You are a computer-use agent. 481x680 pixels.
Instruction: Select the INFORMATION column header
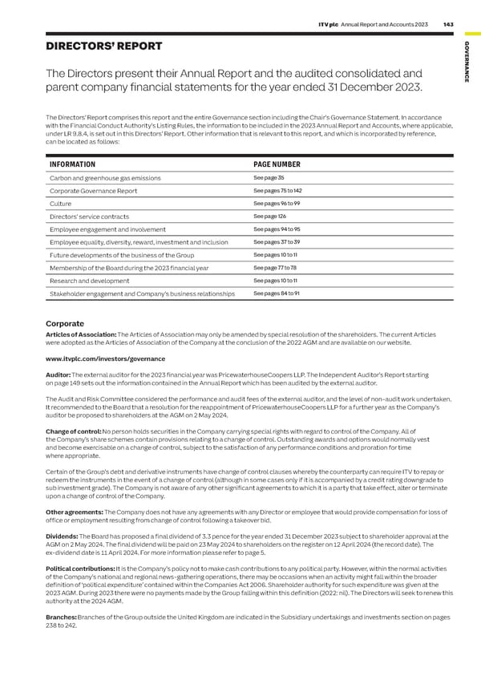(x=74, y=164)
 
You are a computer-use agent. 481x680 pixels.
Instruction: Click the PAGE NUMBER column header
(x=277, y=164)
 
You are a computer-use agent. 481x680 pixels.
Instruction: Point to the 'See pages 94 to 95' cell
(x=275, y=229)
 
